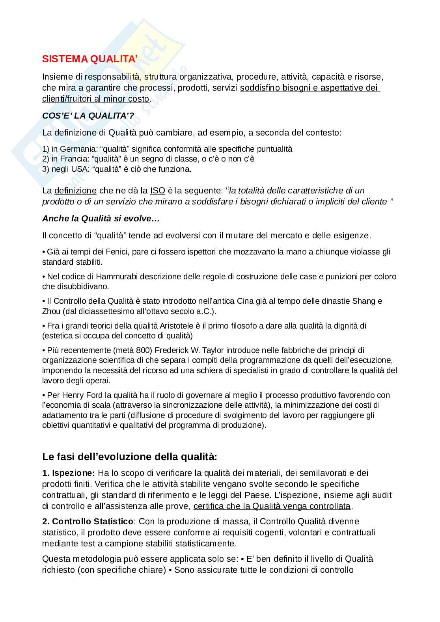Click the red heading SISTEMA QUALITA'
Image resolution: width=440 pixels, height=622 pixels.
[x=89, y=59]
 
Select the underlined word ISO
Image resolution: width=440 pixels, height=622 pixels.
[x=157, y=191]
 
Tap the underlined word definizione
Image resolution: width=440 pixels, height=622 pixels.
[x=75, y=191]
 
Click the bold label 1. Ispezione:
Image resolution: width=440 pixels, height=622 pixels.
[x=69, y=473]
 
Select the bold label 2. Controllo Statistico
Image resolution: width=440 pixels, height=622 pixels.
[x=88, y=522]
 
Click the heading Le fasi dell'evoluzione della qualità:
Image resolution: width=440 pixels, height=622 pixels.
[x=129, y=457]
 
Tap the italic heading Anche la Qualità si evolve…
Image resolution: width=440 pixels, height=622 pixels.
[x=101, y=219]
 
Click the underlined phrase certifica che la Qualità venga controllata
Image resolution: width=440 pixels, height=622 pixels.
[x=272, y=506]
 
